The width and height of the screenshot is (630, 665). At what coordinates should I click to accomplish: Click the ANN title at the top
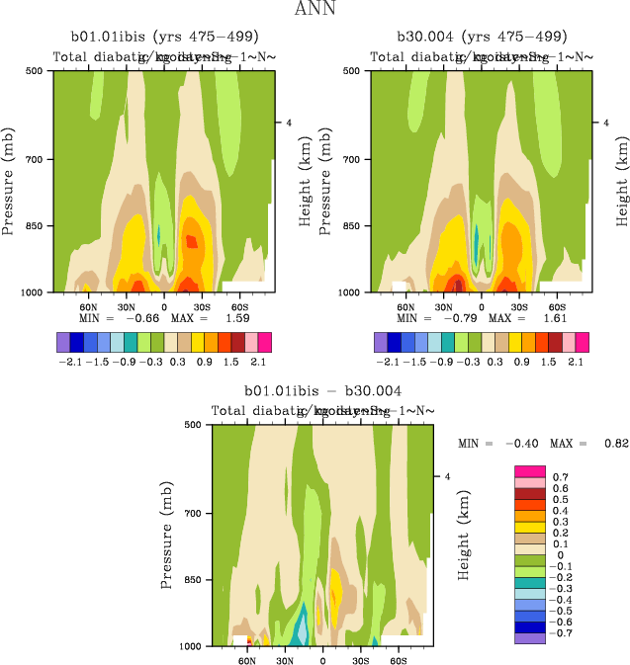(315, 10)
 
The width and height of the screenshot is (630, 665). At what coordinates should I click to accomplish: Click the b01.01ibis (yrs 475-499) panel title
(157, 37)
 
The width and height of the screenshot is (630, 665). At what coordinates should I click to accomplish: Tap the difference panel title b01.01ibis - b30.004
(315, 391)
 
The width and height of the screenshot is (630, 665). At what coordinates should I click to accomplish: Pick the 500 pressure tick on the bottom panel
(195, 425)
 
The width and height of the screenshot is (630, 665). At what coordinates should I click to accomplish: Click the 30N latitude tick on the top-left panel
(125, 306)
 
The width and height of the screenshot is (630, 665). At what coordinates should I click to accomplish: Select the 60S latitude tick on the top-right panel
(556, 306)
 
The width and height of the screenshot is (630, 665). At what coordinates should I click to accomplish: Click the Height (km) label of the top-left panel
(307, 182)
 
